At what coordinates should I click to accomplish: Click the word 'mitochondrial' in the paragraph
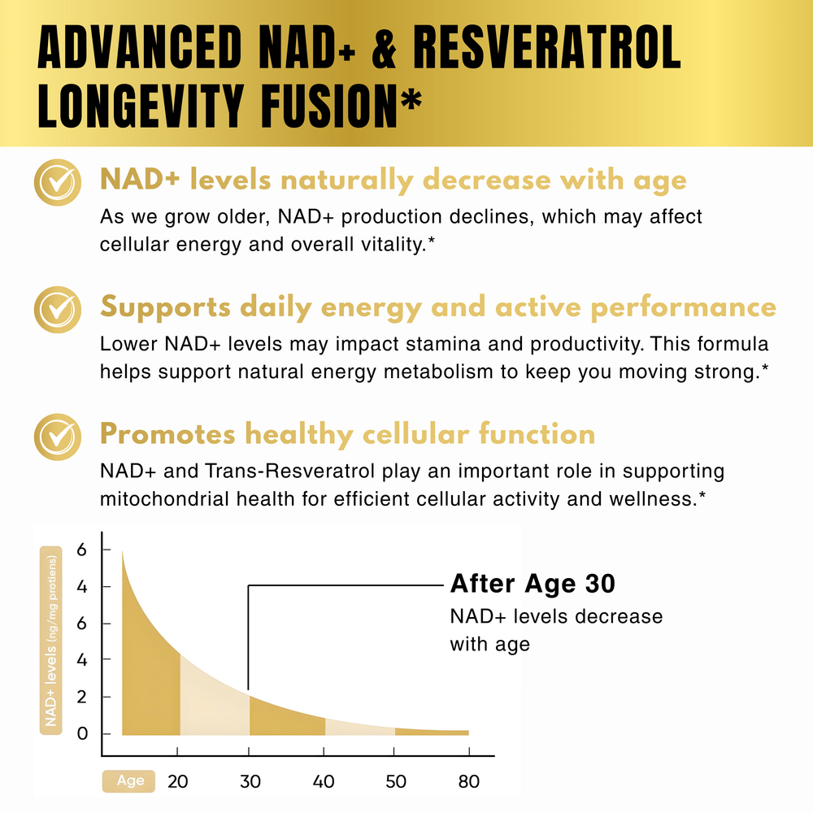point(172,498)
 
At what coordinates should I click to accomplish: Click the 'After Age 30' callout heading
point(533,584)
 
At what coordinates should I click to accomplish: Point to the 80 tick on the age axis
point(468,782)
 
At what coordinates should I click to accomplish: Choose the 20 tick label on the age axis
point(178,782)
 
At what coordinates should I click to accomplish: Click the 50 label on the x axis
point(395,782)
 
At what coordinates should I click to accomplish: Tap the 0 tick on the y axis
point(82,733)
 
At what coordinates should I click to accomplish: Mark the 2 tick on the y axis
point(82,697)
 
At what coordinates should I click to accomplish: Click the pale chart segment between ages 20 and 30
point(214,699)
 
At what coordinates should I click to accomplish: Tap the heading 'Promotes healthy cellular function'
point(347,435)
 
